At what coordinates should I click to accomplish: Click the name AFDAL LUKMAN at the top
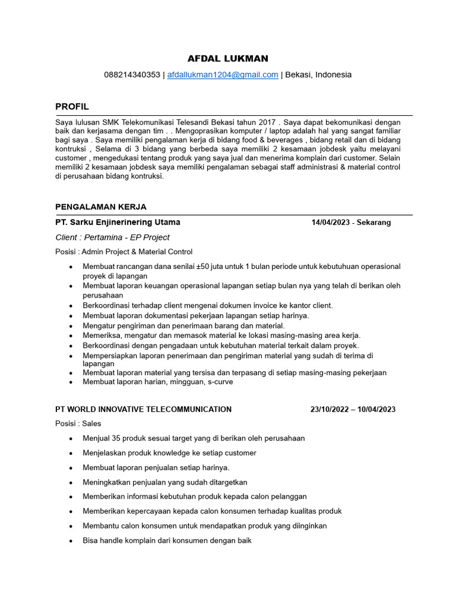[x=227, y=58]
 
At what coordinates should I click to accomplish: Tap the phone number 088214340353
[x=132, y=75]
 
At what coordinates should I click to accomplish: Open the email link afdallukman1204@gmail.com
[x=223, y=75]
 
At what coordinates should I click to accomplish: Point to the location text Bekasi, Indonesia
[x=318, y=75]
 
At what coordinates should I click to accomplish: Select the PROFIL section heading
[x=72, y=106]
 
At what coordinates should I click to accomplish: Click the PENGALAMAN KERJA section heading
[x=100, y=207]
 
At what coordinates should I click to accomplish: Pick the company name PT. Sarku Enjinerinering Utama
[x=118, y=222]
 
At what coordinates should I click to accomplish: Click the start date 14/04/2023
[x=330, y=223]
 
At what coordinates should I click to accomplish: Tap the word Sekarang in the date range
[x=373, y=223]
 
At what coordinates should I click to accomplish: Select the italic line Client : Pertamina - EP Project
[x=112, y=237]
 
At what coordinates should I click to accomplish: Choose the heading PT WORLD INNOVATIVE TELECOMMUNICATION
[x=143, y=409]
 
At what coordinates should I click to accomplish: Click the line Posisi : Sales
[x=78, y=423]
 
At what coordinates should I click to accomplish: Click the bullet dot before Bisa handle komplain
[x=71, y=541]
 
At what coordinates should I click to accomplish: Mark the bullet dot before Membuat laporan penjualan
[x=71, y=468]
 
